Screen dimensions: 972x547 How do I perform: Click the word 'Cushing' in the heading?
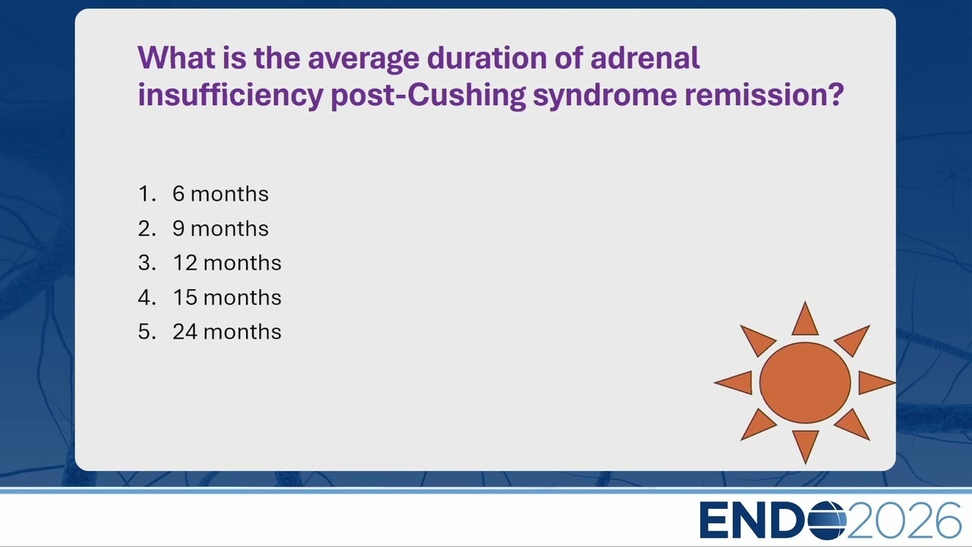coord(466,95)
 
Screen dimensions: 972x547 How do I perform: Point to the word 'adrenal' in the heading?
coord(645,58)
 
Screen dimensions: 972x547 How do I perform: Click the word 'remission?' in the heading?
coord(764,94)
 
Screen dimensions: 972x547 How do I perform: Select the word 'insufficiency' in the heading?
coord(230,95)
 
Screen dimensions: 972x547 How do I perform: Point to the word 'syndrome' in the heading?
coord(605,96)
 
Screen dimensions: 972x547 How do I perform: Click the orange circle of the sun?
coord(805,382)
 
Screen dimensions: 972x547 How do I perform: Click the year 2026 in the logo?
coord(904,520)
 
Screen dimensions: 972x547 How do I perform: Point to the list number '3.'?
coord(147,263)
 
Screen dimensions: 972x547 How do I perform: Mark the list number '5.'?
coord(147,332)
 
